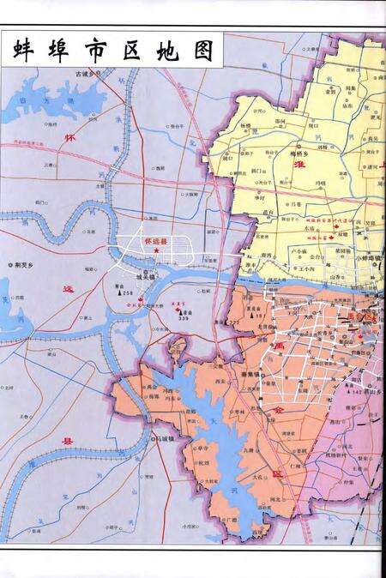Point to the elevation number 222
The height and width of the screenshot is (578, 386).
236,322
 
